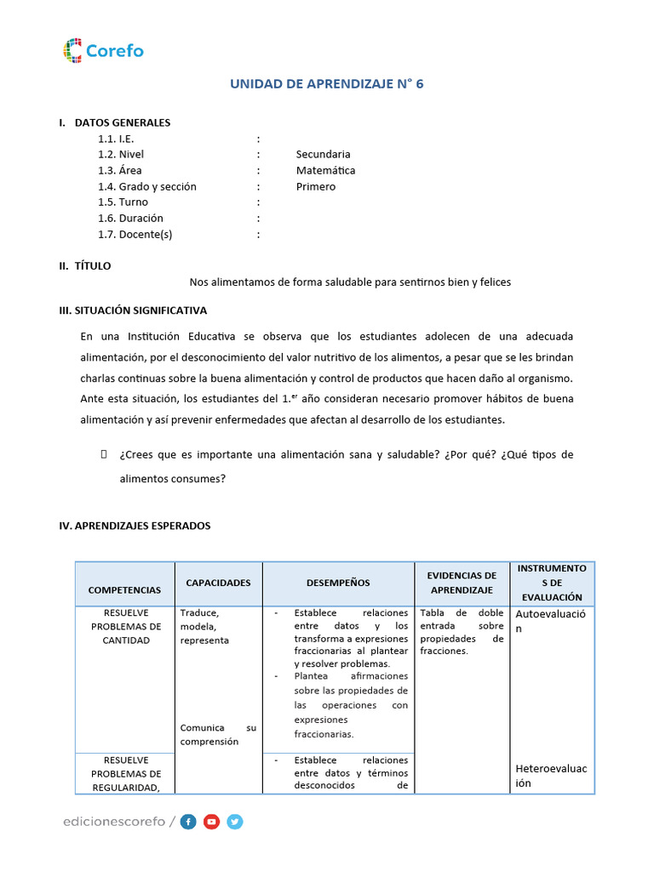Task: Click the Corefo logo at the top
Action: pos(103,51)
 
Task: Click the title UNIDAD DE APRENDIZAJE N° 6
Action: pos(327,84)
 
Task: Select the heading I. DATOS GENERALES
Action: pos(115,122)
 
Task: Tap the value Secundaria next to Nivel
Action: pos(323,154)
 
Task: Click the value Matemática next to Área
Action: pos(325,170)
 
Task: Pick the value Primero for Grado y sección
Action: pos(316,186)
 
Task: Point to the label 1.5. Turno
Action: pos(123,202)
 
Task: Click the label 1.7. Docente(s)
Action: pos(135,235)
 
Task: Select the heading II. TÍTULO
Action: pos(85,266)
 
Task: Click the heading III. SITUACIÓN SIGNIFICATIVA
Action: pos(133,310)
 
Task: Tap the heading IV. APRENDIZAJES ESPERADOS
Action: pos(135,526)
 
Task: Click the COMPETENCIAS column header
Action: pos(124,589)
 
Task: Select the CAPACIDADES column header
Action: pos(219,583)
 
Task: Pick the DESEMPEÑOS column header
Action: pos(338,583)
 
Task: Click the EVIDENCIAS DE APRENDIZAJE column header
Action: pos(462,583)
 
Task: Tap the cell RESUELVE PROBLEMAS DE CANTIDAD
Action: pos(126,626)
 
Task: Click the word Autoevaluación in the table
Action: pos(551,621)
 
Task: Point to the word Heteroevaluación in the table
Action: pos(551,776)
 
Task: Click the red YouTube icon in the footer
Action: pos(211,822)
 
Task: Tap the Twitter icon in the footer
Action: pos(235,822)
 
